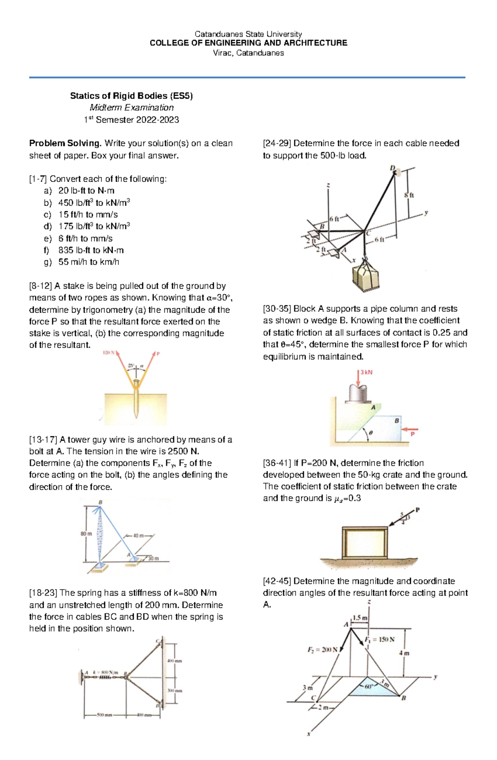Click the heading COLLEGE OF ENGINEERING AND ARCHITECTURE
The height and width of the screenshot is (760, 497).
click(248, 43)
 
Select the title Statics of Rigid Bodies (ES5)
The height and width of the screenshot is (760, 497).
click(131, 96)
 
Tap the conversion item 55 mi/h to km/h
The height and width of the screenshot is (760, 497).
click(89, 262)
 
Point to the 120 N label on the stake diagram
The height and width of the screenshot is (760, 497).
click(109, 353)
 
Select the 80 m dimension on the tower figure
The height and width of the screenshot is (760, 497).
click(86, 534)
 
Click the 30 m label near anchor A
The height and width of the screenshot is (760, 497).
click(153, 558)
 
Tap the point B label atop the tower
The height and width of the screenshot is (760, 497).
click(100, 502)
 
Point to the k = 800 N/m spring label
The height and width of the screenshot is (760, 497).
click(105, 672)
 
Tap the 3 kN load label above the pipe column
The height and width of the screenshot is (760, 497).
click(366, 372)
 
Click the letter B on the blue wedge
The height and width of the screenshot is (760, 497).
click(397, 420)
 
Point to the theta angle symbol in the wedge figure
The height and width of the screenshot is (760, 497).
click(371, 433)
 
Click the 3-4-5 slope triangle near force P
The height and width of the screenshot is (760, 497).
click(405, 518)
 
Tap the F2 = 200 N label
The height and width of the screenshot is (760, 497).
click(322, 649)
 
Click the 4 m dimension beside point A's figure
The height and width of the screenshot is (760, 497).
click(404, 653)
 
